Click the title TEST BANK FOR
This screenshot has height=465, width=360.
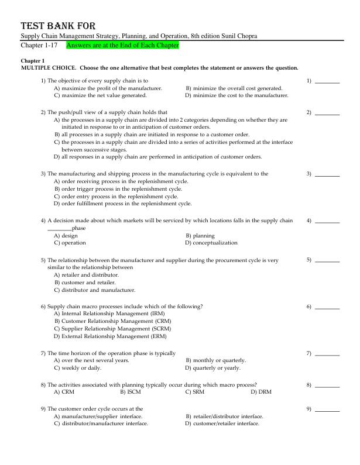[58, 26]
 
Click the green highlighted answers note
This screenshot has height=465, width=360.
[122, 45]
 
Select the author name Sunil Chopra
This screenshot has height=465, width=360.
[238, 36]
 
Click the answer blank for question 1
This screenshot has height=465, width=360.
[327, 81]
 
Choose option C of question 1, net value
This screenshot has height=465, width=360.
[100, 95]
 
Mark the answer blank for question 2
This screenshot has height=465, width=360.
[327, 112]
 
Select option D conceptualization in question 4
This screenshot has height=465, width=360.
[211, 243]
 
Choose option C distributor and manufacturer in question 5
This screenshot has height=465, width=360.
[94, 290]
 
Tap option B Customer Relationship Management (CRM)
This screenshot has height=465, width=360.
[113, 321]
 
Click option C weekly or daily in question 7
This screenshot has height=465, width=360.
[77, 368]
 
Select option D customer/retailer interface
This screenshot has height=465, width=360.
[222, 423]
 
